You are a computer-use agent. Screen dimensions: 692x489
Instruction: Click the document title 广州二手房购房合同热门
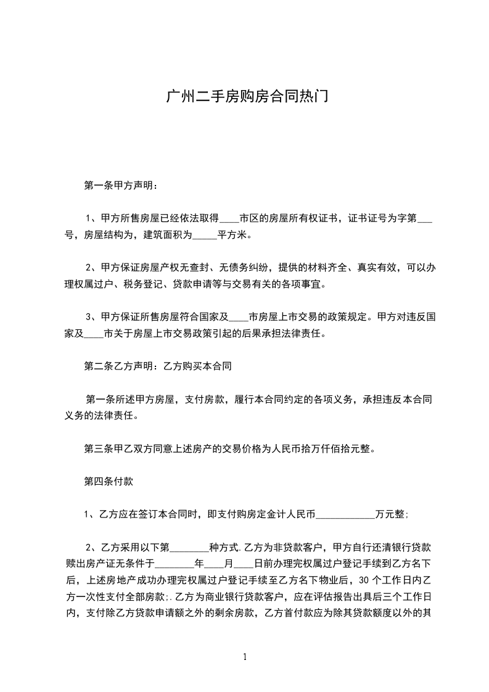pos(244,97)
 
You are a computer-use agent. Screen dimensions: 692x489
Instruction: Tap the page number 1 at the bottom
pos(245,656)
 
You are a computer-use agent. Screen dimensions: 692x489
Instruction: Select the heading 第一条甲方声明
pos(120,185)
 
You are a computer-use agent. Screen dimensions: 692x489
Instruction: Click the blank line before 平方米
pos(205,235)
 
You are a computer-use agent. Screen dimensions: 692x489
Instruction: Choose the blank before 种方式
pos(189,547)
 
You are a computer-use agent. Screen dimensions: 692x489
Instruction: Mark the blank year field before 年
pos(175,563)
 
